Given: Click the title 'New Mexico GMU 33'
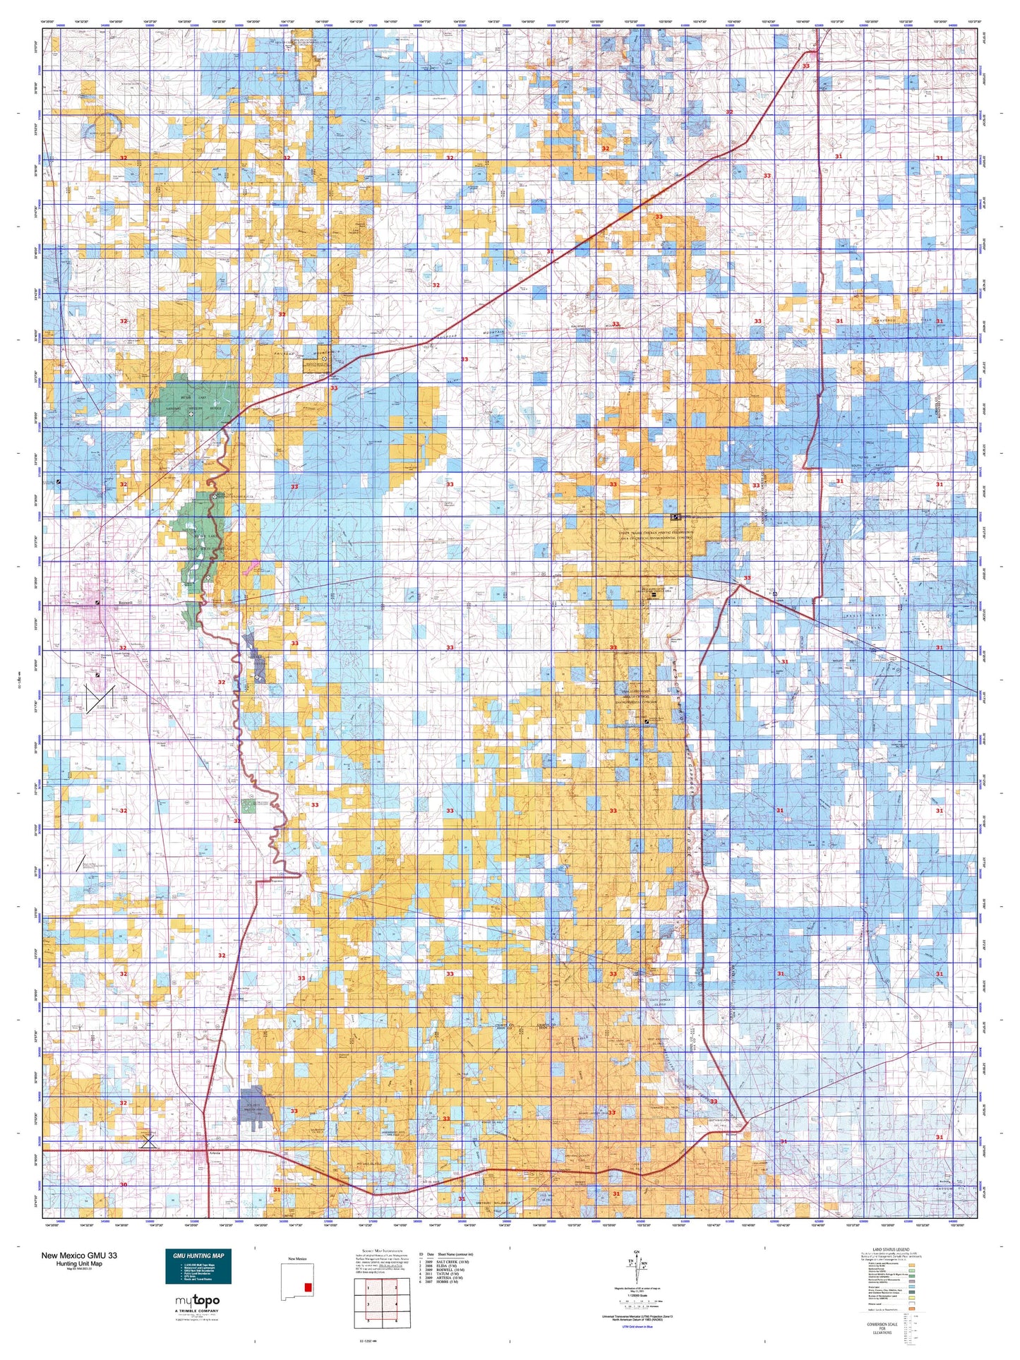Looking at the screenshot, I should point(79,1256).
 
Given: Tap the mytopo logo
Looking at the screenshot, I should point(197,1301).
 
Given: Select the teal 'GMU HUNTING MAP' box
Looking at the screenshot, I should point(198,1267).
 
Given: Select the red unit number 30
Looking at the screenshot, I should point(124,1185).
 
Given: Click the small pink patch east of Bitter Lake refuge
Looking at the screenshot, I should point(253,565).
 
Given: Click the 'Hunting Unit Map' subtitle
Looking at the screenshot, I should point(79,1264).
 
